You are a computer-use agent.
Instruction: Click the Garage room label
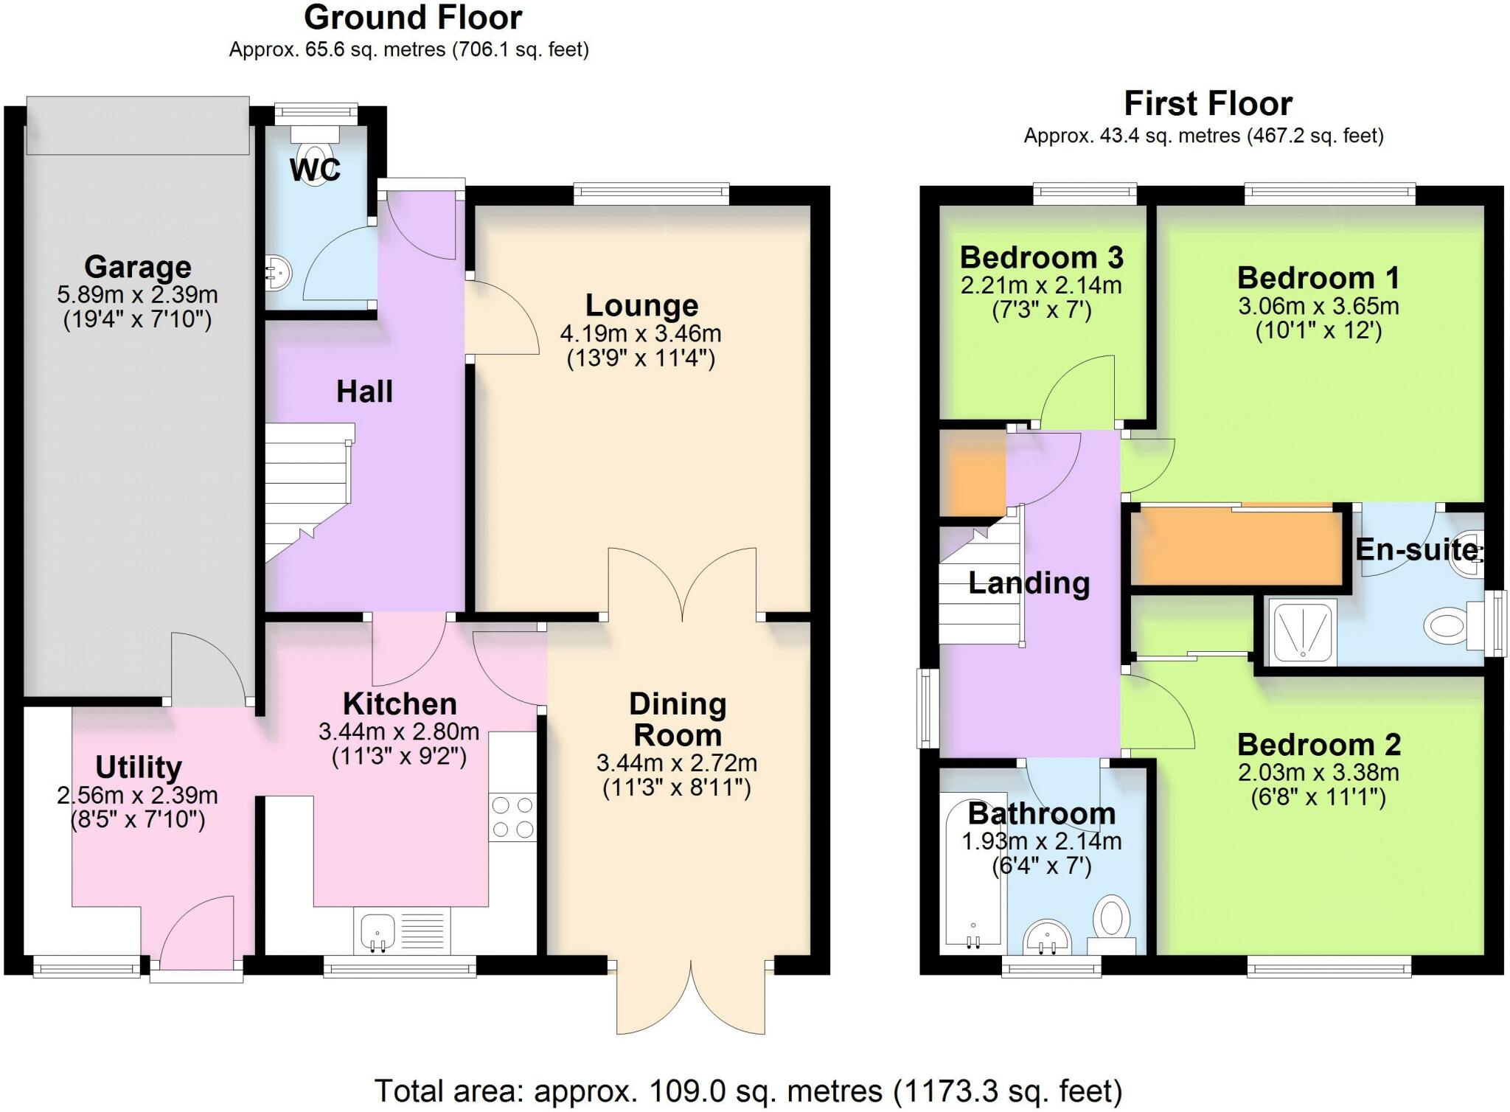138,266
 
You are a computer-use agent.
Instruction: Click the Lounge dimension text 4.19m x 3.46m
641,333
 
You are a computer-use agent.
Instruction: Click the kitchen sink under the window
403,930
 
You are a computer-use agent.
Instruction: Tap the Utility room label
139,768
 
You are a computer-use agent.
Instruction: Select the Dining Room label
678,720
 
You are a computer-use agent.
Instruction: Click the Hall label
364,392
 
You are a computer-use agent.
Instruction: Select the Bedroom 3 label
1041,257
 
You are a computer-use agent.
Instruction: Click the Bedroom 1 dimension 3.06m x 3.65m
1318,305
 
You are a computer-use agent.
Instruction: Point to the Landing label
1029,583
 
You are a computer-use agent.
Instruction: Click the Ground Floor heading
413,18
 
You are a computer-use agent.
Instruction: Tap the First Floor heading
1208,104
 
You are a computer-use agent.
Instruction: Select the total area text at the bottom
748,1091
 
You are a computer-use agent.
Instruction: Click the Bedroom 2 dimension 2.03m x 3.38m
1318,772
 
